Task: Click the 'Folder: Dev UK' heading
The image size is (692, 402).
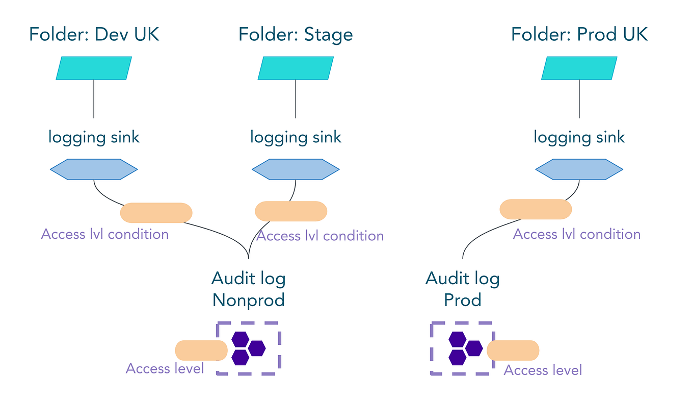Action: [94, 35]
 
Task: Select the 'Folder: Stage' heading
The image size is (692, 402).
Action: [296, 35]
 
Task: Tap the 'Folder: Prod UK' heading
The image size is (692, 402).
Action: [579, 35]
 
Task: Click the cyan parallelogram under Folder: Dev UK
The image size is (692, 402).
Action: [94, 68]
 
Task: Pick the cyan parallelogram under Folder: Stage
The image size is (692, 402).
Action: [296, 68]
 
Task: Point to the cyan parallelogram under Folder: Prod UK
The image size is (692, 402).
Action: [579, 68]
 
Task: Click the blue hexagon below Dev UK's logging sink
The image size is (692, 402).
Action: [94, 169]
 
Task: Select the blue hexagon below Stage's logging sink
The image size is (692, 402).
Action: [296, 169]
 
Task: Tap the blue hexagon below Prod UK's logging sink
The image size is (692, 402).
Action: [579, 169]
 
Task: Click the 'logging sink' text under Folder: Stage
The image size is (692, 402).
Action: [296, 137]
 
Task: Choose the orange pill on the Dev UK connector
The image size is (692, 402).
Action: [156, 213]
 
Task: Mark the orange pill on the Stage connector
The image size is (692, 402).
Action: [290, 211]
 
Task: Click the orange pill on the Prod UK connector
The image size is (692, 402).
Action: [536, 209]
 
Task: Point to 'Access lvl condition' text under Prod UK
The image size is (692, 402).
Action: [576, 234]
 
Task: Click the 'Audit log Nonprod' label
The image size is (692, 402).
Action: [249, 289]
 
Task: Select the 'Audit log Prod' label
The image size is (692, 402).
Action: [463, 289]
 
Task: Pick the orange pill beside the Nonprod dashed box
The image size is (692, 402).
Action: [201, 350]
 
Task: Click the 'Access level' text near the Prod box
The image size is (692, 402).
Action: [543, 370]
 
